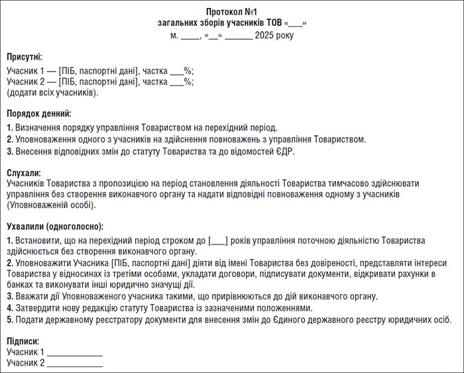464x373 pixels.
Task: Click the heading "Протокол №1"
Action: click(x=231, y=13)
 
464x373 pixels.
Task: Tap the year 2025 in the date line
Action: click(x=266, y=35)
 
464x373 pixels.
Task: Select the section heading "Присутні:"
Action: click(x=25, y=58)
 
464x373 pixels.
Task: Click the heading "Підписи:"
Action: click(x=23, y=341)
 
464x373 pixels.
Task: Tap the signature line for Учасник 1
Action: click(x=75, y=352)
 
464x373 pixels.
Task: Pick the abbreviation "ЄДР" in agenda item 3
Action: click(x=283, y=152)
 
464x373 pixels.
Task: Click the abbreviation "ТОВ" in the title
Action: click(x=275, y=23)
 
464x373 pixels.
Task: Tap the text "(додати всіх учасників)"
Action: click(x=52, y=93)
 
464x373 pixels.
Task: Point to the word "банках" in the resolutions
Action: click(x=21, y=285)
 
